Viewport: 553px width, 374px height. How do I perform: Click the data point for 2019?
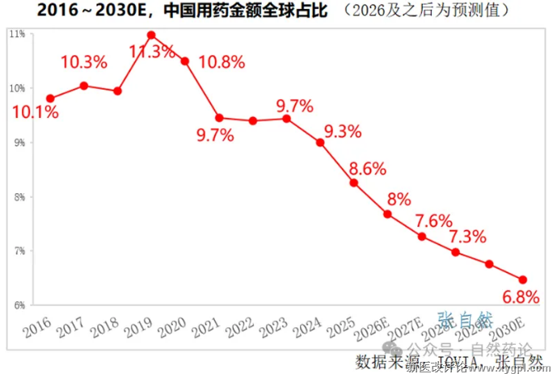pyautogui.click(x=151, y=35)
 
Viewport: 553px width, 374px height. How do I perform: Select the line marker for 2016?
pyautogui.click(x=50, y=98)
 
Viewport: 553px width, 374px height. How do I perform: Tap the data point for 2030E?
pyautogui.click(x=522, y=279)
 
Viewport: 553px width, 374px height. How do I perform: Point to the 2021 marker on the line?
pyautogui.click(x=219, y=117)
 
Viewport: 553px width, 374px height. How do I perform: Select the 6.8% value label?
pyautogui.click(x=521, y=296)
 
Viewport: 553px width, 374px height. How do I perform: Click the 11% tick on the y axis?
pyautogui.click(x=16, y=34)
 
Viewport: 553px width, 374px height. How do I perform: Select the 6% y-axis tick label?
pyautogui.click(x=18, y=305)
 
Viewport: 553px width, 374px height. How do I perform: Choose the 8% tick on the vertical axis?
pyautogui.click(x=18, y=197)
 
